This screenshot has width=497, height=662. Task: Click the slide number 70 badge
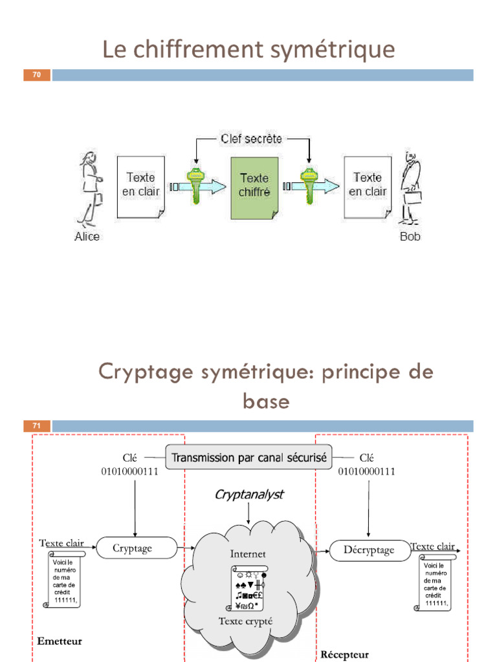click(37, 76)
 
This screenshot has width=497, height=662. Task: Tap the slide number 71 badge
click(37, 426)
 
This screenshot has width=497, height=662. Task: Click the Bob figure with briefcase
click(410, 187)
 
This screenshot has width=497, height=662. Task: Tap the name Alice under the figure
click(87, 237)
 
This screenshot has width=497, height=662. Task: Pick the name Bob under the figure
click(410, 237)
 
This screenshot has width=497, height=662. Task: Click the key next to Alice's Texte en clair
click(195, 186)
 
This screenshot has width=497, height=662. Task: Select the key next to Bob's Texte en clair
click(307, 186)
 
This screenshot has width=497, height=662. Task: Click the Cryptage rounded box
click(136, 548)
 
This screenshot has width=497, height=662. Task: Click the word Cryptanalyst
click(249, 495)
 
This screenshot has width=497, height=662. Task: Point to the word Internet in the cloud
click(248, 553)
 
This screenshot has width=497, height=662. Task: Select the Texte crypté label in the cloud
click(245, 621)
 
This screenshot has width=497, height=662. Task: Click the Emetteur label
click(60, 641)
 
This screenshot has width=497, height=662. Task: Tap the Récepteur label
click(344, 654)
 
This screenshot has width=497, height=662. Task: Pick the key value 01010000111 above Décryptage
click(367, 471)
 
